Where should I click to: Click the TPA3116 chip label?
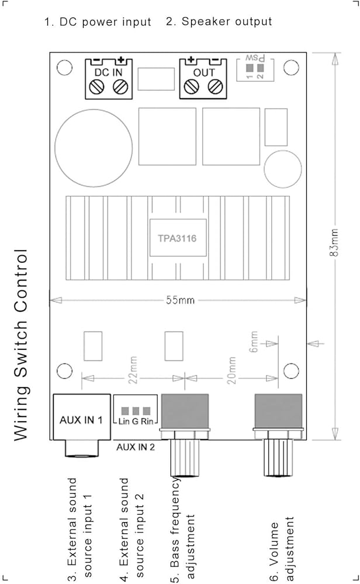177,238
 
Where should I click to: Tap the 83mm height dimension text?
334,242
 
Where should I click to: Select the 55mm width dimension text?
181,300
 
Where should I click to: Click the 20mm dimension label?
231,370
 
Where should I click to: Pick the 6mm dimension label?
254,342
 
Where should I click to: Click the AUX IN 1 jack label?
81,420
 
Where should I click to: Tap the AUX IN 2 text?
135,447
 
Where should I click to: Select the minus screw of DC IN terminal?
97,88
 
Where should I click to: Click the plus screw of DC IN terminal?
120,88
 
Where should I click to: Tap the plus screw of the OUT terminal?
192,88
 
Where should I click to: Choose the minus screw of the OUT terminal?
215,88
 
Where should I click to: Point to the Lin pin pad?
125,411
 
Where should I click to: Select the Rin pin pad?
147,411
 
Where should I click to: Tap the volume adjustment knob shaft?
278,458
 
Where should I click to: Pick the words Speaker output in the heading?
227,22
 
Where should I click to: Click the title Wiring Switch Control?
20,345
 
